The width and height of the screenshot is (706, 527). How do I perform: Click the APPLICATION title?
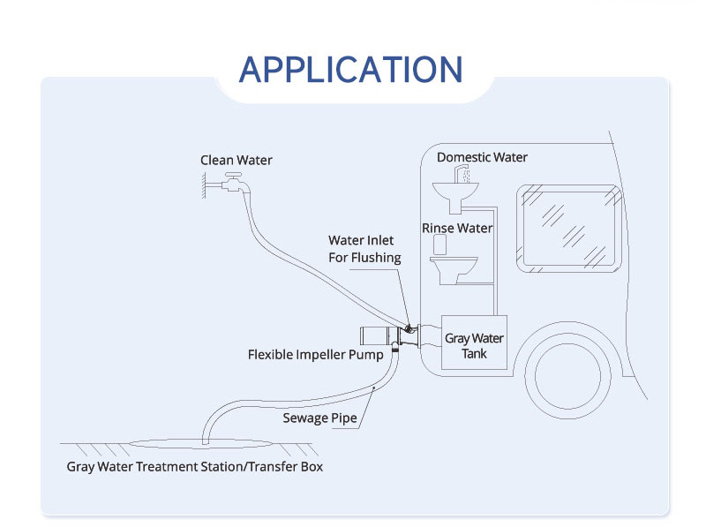350,69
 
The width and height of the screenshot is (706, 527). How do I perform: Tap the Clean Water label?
236,160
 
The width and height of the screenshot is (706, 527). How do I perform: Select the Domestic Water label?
482,157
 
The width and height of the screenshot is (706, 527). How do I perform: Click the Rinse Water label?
457,228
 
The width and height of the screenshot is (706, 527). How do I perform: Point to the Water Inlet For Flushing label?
364,249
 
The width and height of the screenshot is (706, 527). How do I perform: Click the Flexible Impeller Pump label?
315,355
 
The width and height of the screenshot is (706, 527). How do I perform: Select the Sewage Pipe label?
319,418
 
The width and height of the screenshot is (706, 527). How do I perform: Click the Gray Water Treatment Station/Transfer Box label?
194,466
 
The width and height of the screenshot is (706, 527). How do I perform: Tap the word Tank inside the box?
474,353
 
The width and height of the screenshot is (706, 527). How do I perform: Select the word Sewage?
304,418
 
